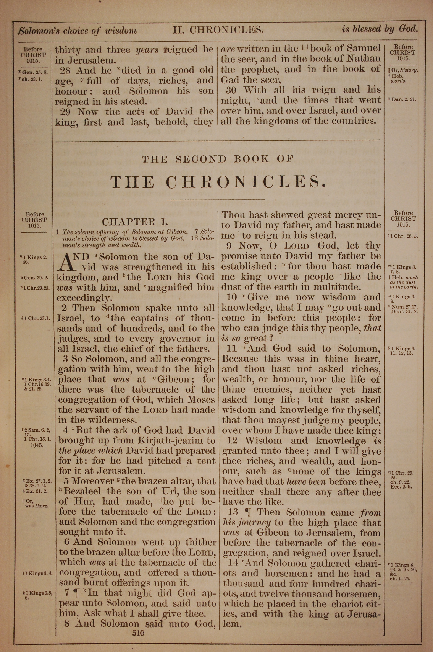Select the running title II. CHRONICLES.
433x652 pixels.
click(x=218, y=29)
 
